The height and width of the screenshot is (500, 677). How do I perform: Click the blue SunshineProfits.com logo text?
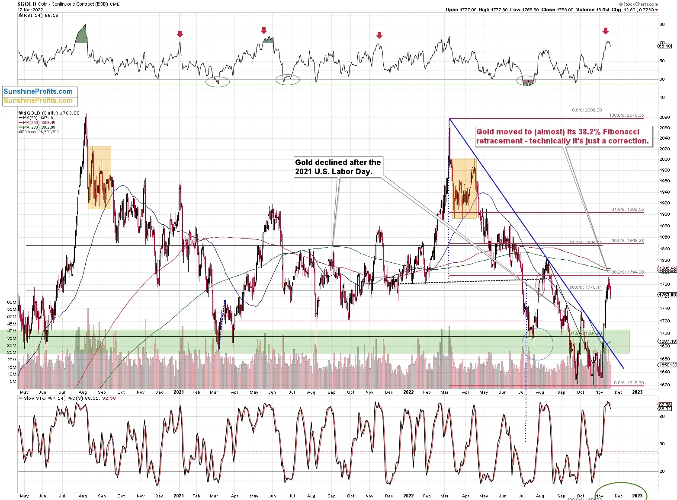[x=38, y=91]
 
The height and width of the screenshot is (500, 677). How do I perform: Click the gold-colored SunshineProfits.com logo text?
[x=38, y=101]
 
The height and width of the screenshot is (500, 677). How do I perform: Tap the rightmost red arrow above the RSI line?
[x=606, y=31]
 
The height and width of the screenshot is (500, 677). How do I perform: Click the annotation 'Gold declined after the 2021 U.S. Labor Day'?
[x=338, y=167]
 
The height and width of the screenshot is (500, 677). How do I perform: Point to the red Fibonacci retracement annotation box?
[x=563, y=137]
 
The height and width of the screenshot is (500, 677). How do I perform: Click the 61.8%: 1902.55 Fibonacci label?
[x=627, y=210]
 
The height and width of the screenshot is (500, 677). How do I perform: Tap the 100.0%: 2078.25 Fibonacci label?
[x=626, y=115]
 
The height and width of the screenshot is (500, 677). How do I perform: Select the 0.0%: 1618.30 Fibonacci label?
[x=629, y=383]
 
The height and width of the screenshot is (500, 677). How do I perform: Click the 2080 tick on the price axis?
[x=664, y=118]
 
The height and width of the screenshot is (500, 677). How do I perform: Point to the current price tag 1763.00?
[x=667, y=295]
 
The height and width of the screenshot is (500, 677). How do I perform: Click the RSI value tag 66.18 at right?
[x=665, y=46]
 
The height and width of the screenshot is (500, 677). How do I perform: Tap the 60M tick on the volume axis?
[x=12, y=302]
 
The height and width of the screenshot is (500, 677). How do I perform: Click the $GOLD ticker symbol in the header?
[x=27, y=4]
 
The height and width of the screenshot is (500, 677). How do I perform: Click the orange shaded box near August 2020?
[x=99, y=178]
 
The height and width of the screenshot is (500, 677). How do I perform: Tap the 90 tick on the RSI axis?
[x=662, y=25]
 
